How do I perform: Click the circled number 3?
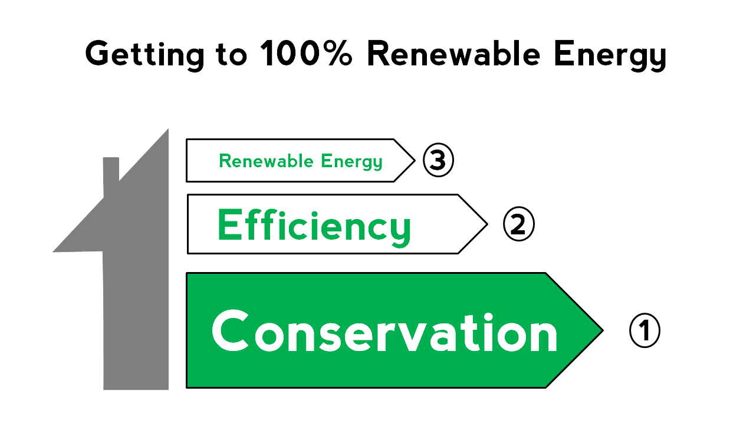coord(438,161)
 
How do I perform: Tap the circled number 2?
coord(518,225)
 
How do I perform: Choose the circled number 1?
coord(645,330)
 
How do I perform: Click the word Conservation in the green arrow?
coord(384,332)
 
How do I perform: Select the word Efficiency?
coord(314,226)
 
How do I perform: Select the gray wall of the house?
coord(136,318)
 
